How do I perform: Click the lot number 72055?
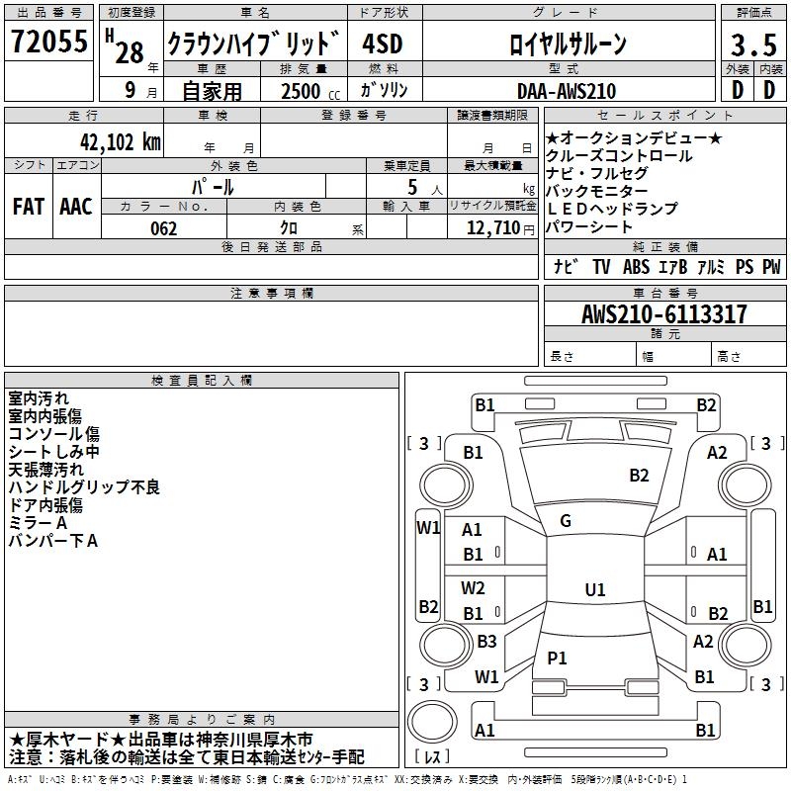point(48,42)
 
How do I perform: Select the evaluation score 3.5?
point(752,45)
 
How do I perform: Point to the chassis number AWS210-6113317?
point(664,314)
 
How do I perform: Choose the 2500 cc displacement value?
point(306,91)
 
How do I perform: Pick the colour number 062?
point(163,228)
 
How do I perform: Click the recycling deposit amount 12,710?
point(490,228)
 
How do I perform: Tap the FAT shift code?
point(28,206)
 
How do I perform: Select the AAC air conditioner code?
point(75,206)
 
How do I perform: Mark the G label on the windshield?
point(566,521)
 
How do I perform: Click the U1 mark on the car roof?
point(594,589)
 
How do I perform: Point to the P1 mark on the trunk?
point(558,658)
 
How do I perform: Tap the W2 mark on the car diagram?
point(473,588)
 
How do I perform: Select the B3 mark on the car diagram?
point(485,641)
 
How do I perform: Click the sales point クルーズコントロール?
point(619,156)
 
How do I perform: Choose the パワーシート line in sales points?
point(589,227)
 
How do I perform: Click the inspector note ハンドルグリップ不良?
point(83,487)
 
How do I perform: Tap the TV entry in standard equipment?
point(601,266)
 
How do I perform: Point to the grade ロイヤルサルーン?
point(567,44)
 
